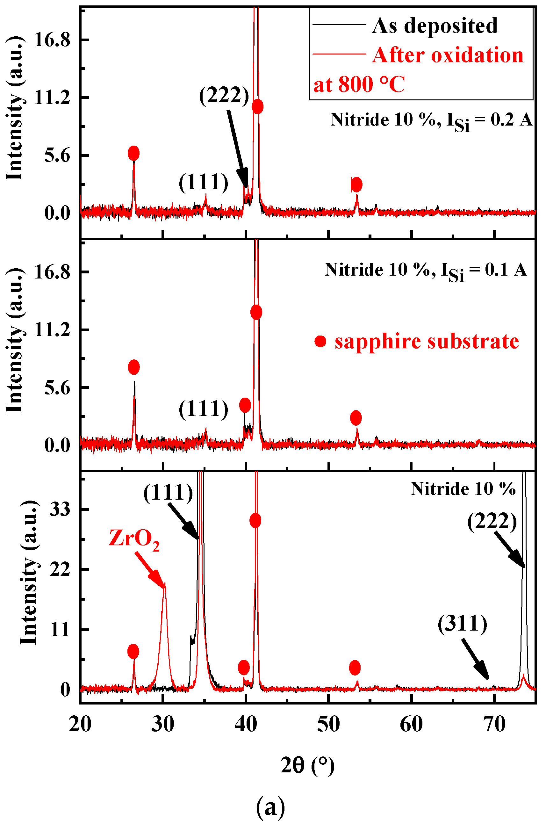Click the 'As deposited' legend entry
click(434, 25)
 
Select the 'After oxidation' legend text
click(448, 55)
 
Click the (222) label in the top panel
click(224, 95)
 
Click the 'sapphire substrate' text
click(427, 341)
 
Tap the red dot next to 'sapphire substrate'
click(320, 341)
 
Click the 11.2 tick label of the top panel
click(52, 98)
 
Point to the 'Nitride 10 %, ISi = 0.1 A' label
click(426, 270)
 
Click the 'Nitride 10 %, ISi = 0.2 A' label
click(431, 120)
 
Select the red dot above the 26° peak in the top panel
click(134, 153)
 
